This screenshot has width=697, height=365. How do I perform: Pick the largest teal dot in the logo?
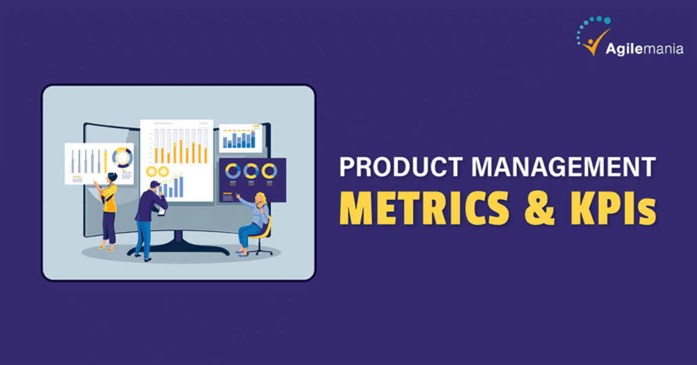pos(606,19)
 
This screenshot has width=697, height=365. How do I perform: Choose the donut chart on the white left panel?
pos(123,158)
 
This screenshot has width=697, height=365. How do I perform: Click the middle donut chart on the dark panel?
pos(251,171)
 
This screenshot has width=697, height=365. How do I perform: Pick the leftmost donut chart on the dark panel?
pos(233,171)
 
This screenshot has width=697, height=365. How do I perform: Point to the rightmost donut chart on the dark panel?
pos(269,171)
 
